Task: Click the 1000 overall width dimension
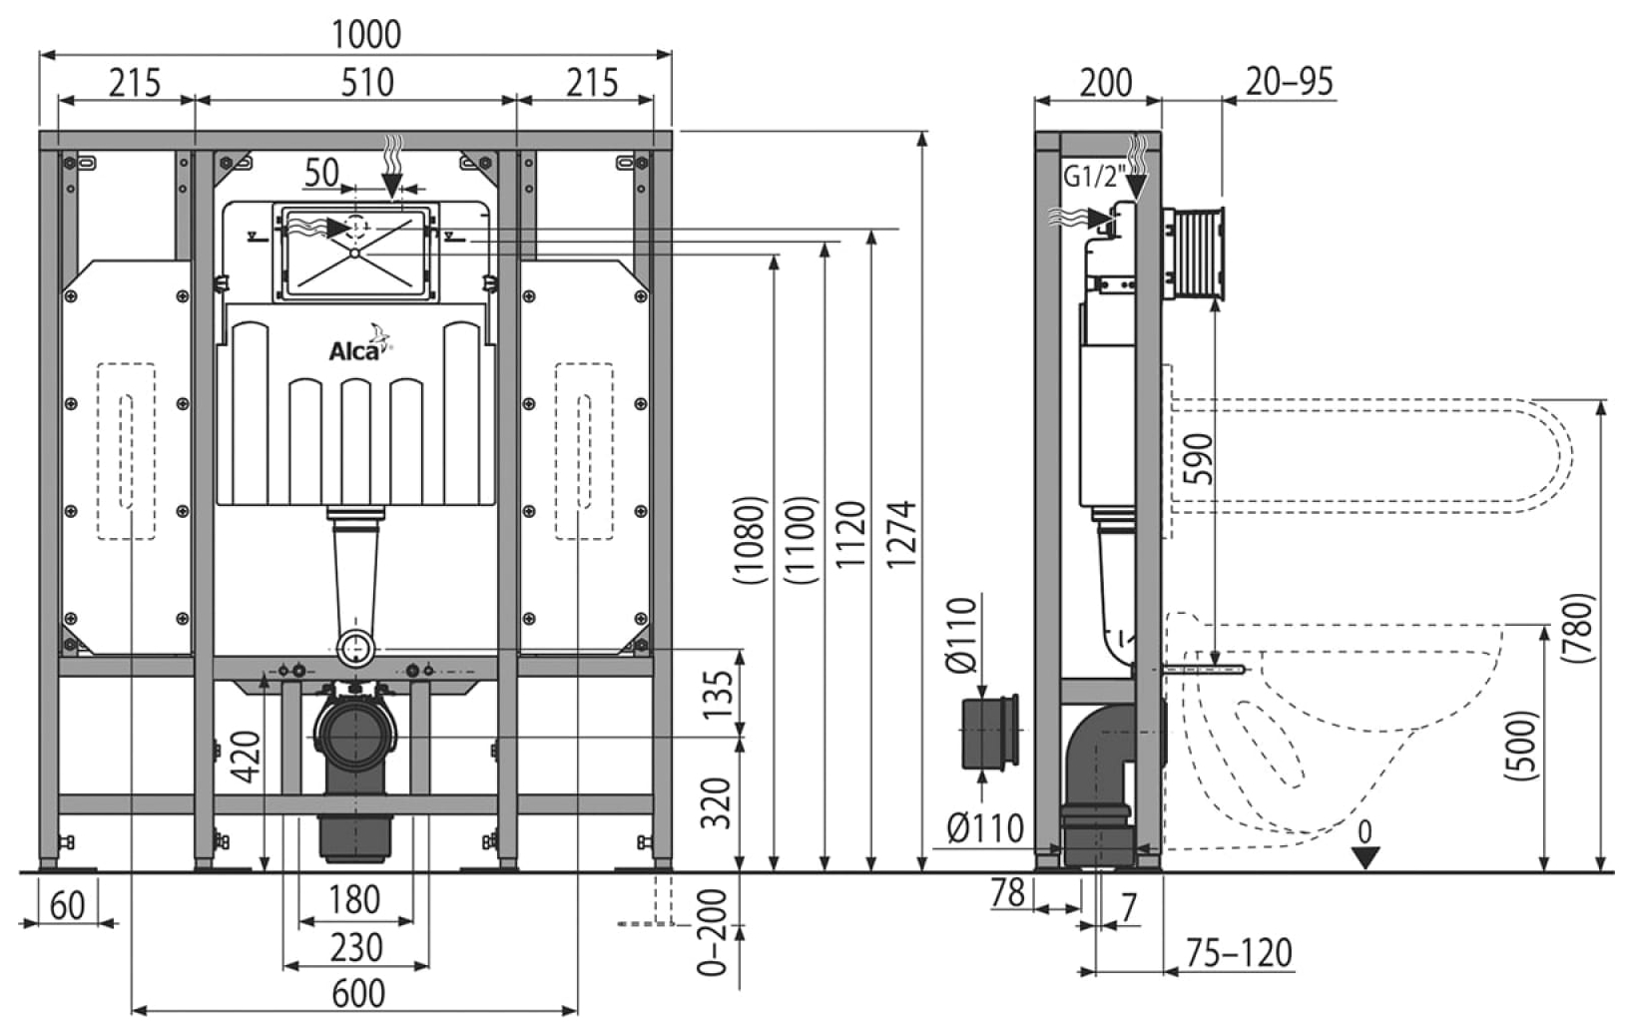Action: tap(365, 34)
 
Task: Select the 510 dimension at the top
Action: tap(367, 82)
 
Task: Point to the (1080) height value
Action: tap(749, 540)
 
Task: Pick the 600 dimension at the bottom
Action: tap(358, 993)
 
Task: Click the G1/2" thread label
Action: tap(1094, 177)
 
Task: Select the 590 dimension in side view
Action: tap(1198, 459)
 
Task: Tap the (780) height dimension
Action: tap(1577, 628)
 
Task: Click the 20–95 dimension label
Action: tap(1290, 82)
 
